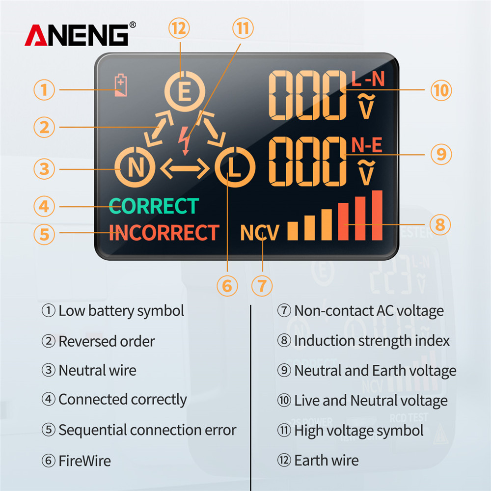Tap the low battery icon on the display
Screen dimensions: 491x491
121,85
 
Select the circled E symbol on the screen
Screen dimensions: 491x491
185,91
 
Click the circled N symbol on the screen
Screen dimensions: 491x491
135,167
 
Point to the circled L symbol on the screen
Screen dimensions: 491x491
235,167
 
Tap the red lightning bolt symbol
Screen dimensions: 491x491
185,140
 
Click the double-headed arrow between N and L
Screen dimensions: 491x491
185,168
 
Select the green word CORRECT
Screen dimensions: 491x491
154,206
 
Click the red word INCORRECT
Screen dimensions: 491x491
164,232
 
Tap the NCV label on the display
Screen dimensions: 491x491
259,233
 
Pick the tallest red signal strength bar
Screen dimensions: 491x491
377,215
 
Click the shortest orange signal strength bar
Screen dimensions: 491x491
293,231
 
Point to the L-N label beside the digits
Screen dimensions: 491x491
368,79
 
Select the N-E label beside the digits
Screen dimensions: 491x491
367,145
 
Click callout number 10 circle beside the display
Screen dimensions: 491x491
441,90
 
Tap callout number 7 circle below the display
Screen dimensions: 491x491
262,286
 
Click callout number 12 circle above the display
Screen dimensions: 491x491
179,28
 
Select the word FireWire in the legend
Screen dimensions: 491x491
84,461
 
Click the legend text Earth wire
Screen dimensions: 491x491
327,461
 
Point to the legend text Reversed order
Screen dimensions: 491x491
107,341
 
